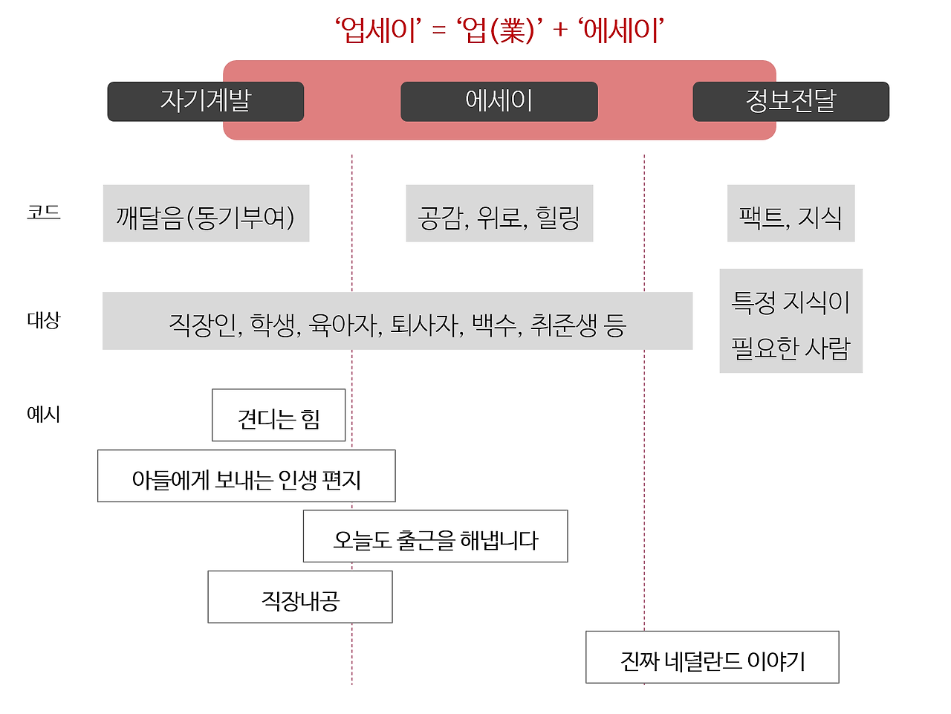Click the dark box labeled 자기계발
tap(205, 101)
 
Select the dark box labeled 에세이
tap(499, 101)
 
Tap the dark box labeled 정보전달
tap(791, 101)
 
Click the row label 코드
tap(43, 212)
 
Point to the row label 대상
tap(43, 319)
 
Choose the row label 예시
tap(43, 414)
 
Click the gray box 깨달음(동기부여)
tap(207, 213)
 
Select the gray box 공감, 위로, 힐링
tap(499, 213)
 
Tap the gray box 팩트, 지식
tap(791, 213)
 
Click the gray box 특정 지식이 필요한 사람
tap(791, 321)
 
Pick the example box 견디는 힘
tap(279, 415)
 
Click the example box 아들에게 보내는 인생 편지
tap(246, 476)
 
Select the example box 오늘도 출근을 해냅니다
tap(435, 536)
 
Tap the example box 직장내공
tap(300, 597)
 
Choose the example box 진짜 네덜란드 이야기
tap(713, 657)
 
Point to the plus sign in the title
tap(559, 30)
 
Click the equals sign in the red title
tap(438, 30)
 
